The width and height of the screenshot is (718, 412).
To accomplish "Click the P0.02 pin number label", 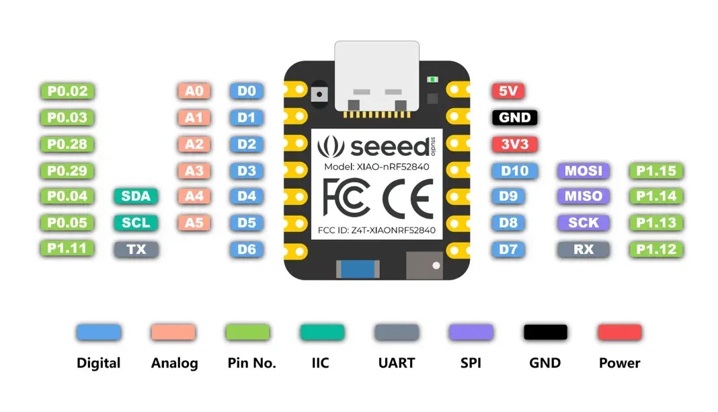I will pos(68,91).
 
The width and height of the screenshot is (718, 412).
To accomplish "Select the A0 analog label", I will pos(194,91).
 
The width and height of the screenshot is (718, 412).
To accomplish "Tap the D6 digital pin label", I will pos(247,249).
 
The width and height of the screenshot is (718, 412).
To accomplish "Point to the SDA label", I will pos(136,196).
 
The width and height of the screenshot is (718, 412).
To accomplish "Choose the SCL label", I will pos(136,222).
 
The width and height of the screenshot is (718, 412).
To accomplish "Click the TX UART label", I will pos(136,249).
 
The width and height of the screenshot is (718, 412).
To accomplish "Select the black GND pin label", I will pos(514,118).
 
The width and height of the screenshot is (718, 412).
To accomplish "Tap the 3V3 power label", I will pos(514,144).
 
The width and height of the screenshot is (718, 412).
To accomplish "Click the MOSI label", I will pos(583,171).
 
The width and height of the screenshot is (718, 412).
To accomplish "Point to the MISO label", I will pos(583,196).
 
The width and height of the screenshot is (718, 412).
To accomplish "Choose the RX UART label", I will pos(583,249).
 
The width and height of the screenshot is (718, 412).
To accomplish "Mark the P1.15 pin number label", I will pos(655,171).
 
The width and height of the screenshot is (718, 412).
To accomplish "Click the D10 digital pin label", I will pos(514,171).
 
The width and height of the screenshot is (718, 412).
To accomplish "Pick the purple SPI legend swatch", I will pos(471,332).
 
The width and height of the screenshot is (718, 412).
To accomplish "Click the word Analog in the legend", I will pos(174,364).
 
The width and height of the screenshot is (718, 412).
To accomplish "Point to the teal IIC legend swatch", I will pos(321,332).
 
